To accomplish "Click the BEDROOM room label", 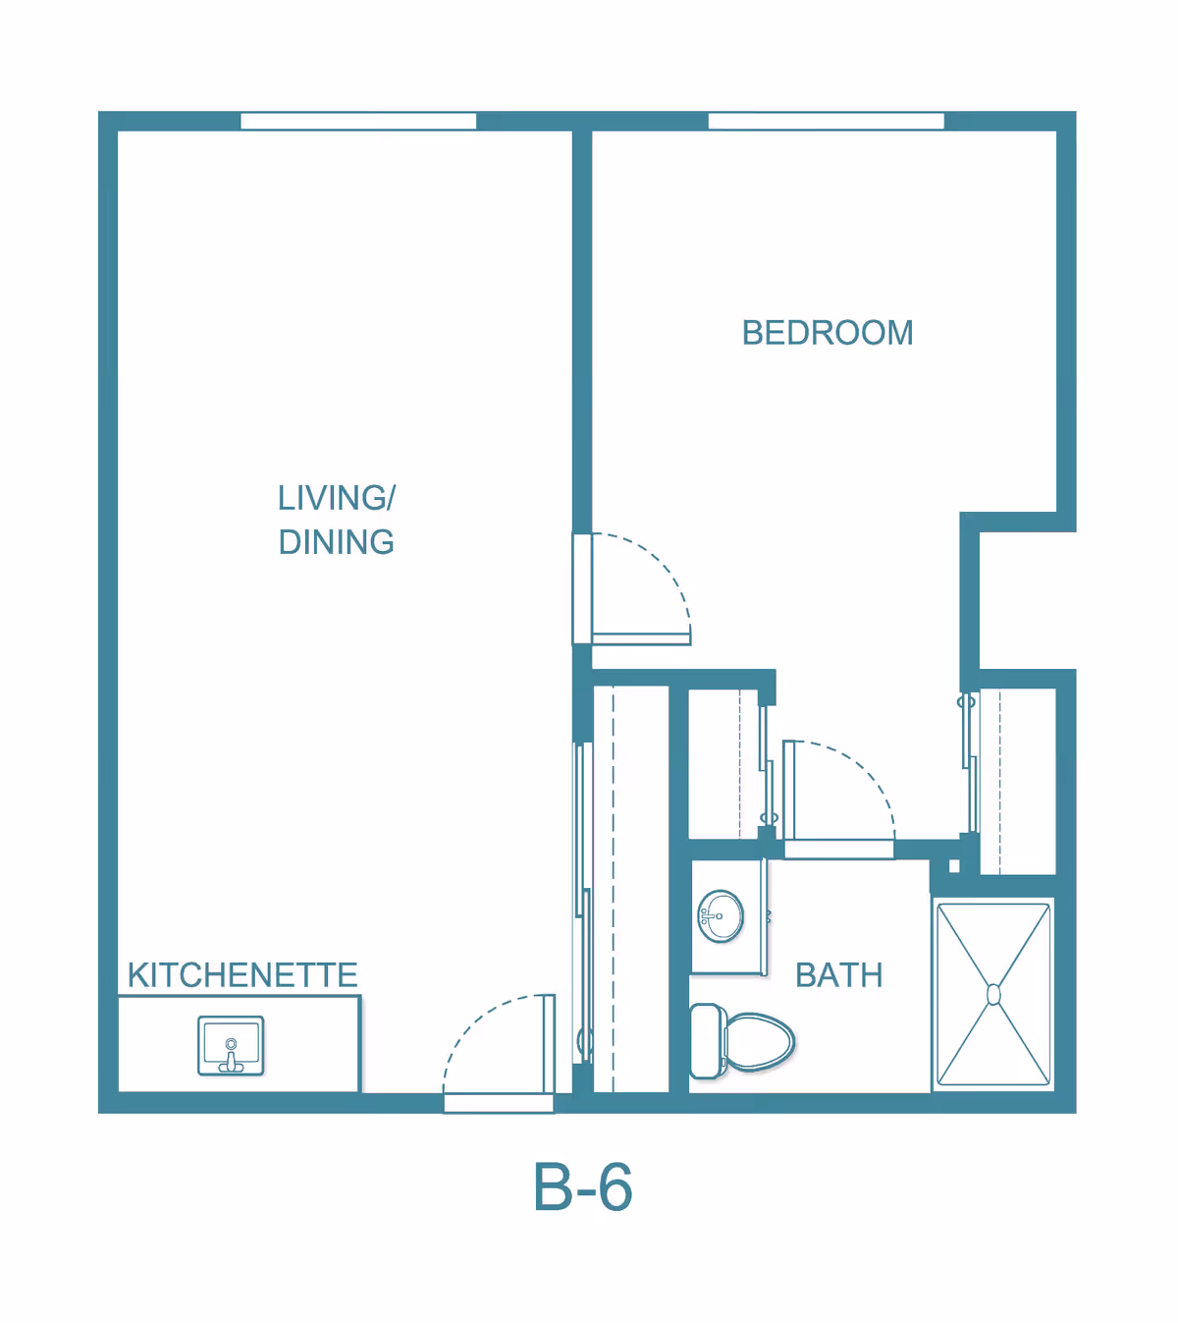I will [x=827, y=333].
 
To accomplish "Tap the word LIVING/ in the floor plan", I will [x=336, y=498].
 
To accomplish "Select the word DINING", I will [x=336, y=542].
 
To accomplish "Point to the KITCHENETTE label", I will [x=242, y=975].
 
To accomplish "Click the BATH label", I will [x=838, y=975].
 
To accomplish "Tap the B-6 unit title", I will [x=582, y=1187].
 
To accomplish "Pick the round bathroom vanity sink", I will [x=722, y=916].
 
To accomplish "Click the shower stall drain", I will [x=993, y=995].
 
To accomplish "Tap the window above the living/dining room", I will [x=358, y=121].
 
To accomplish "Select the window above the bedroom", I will [x=826, y=121].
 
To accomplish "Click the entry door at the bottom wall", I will [x=498, y=1103].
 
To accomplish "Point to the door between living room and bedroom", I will [x=640, y=638].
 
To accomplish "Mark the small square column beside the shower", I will [x=953, y=866].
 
